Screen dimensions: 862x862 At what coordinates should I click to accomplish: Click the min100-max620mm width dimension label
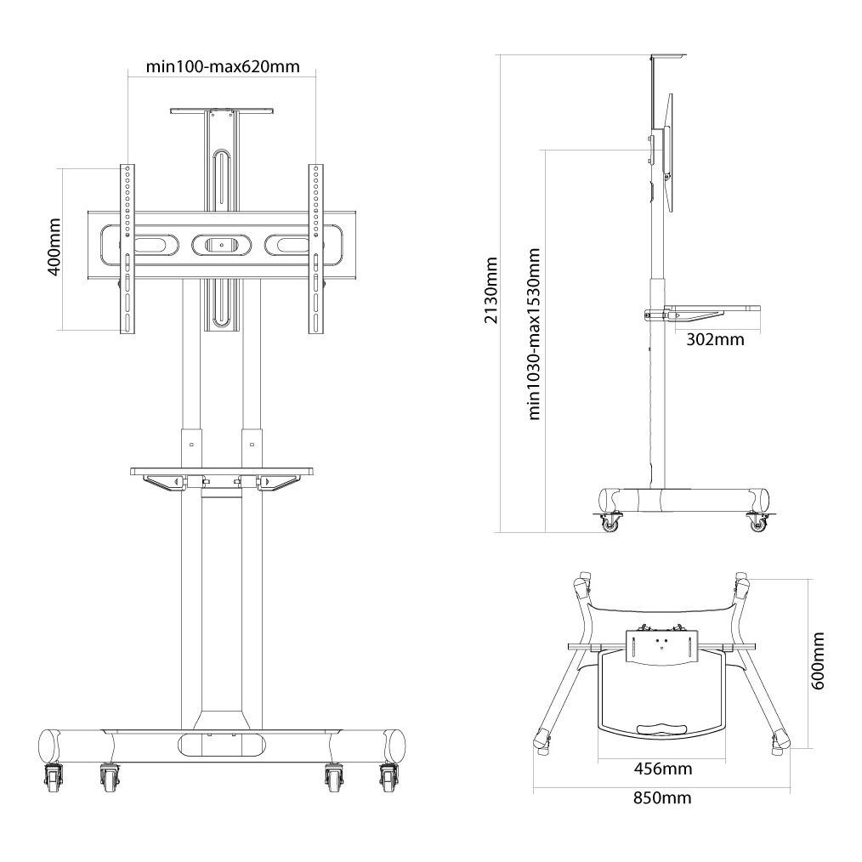coord(222,66)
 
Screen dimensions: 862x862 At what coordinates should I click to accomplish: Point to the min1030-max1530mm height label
coord(535,334)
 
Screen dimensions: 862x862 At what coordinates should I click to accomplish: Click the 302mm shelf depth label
coord(713,340)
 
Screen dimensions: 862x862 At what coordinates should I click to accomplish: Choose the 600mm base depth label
coord(818,661)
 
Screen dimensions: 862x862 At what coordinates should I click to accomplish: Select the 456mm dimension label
coord(663,768)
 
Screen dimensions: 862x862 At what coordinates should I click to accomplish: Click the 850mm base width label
coord(662,797)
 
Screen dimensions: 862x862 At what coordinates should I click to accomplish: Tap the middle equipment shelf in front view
coord(222,470)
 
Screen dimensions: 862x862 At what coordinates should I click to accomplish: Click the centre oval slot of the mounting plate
coord(221,245)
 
